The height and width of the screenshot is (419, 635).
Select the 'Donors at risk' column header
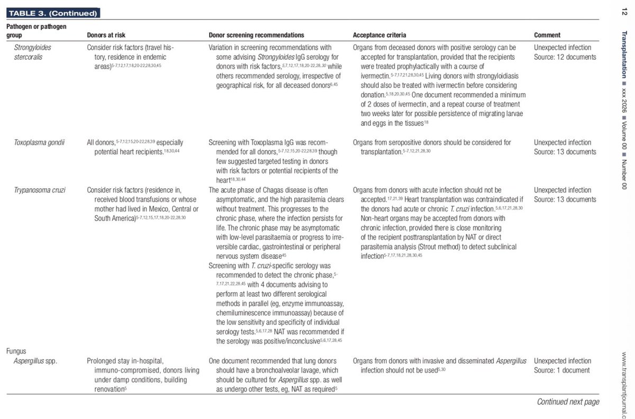pos(109,35)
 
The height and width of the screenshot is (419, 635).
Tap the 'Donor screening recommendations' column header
pos(257,35)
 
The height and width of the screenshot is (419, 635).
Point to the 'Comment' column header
pos(547,35)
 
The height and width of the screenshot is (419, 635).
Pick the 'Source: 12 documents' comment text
pos(565,57)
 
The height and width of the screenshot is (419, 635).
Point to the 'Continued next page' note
pos(568,402)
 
